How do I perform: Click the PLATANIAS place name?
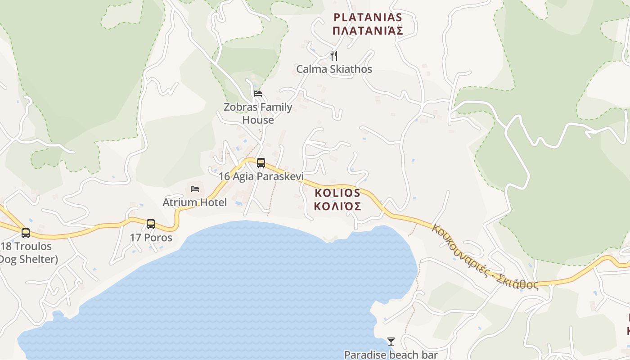(x=367, y=18)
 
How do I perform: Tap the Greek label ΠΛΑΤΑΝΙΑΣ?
(x=367, y=31)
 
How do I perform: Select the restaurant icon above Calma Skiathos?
(x=334, y=55)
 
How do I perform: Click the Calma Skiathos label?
(x=334, y=69)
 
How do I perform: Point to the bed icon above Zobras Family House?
(x=258, y=94)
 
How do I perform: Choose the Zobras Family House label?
(x=258, y=113)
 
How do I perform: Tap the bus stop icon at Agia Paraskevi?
(x=261, y=163)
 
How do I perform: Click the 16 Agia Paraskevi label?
(x=261, y=176)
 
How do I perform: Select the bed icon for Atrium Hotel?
(x=195, y=189)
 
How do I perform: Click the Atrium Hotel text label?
(x=195, y=202)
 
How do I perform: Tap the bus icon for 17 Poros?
(x=151, y=224)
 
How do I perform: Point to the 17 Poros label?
(x=151, y=237)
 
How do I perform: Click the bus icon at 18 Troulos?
(x=26, y=233)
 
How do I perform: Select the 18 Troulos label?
(x=26, y=247)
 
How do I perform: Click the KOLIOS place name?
(x=337, y=193)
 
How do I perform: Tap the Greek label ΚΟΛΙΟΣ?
(x=337, y=207)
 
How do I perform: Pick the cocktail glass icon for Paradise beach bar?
(x=391, y=342)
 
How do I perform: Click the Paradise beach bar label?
(x=391, y=355)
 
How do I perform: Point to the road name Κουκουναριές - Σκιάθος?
(x=485, y=256)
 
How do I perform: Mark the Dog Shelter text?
(x=28, y=260)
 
